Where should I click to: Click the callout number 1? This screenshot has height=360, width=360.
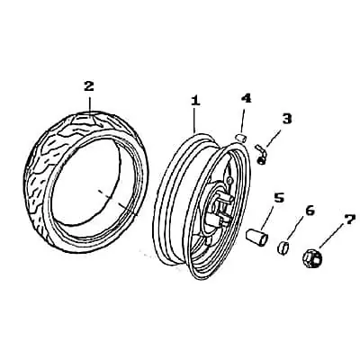pyautogui.click(x=195, y=100)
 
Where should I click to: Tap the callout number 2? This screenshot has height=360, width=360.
pyautogui.click(x=89, y=86)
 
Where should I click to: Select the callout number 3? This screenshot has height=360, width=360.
pyautogui.click(x=287, y=119)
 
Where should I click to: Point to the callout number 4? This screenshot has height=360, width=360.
pyautogui.click(x=246, y=98)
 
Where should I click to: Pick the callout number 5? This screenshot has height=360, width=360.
pyautogui.click(x=279, y=198)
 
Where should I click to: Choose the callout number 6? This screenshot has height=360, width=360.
pyautogui.click(x=310, y=211)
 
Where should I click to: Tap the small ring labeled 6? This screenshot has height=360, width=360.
pyautogui.click(x=283, y=247)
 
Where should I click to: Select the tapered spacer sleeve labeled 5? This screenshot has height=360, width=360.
pyautogui.click(x=256, y=238)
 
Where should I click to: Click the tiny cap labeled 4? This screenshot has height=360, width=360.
pyautogui.click(x=240, y=139)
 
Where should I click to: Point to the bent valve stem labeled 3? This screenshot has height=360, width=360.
pyautogui.click(x=261, y=154)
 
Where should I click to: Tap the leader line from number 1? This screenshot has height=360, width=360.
pyautogui.click(x=194, y=120)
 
